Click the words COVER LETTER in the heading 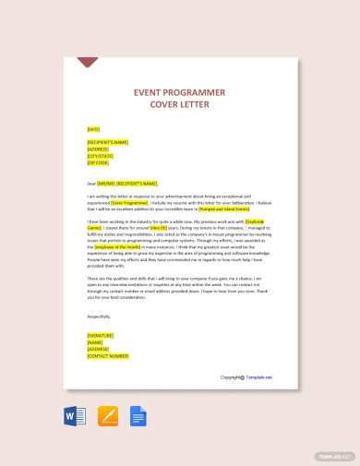coord(181,105)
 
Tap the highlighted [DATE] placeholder coord(93,129)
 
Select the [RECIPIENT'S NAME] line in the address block coord(107,142)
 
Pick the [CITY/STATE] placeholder coord(101,155)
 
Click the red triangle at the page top coord(88,63)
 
